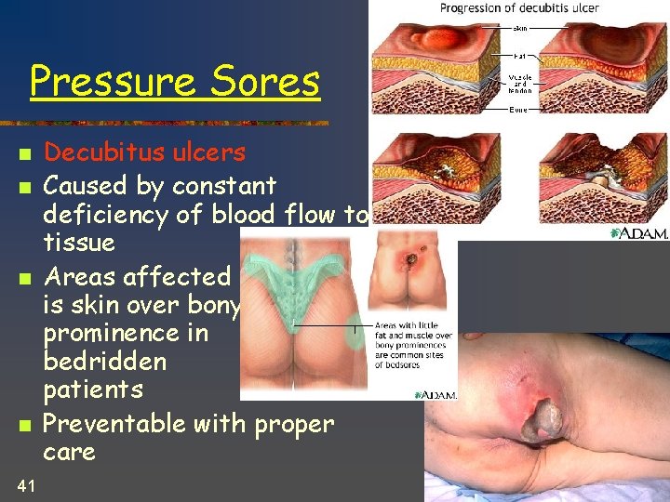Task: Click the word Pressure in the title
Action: (x=112, y=83)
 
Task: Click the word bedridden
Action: (x=105, y=361)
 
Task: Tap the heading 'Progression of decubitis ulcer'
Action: (x=519, y=8)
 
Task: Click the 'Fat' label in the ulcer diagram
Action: (x=519, y=57)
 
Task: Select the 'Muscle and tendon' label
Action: (x=519, y=84)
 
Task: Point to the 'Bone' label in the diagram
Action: (x=519, y=110)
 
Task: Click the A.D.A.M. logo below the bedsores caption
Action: (x=435, y=394)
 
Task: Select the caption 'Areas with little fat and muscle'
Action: (x=414, y=345)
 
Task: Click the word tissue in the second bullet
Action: (x=79, y=244)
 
